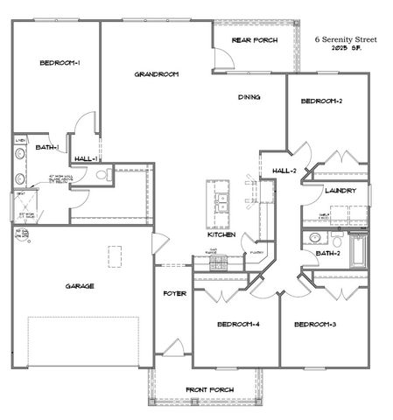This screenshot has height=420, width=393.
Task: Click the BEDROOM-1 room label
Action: (x=60, y=62)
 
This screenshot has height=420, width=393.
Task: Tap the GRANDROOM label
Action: (x=157, y=74)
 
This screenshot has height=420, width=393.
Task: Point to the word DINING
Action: (x=249, y=97)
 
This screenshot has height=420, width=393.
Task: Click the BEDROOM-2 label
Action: (x=321, y=101)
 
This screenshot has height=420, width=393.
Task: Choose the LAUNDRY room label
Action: (x=340, y=190)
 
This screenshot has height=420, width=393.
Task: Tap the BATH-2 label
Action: (x=327, y=253)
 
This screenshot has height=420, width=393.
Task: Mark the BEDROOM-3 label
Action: (x=315, y=325)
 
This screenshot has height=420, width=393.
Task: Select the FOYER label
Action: (x=175, y=293)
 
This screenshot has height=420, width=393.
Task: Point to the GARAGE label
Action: (x=79, y=285)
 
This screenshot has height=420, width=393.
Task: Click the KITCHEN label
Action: (x=220, y=234)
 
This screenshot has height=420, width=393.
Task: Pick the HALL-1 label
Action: (x=85, y=158)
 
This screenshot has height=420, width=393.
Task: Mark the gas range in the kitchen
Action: (x=214, y=260)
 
